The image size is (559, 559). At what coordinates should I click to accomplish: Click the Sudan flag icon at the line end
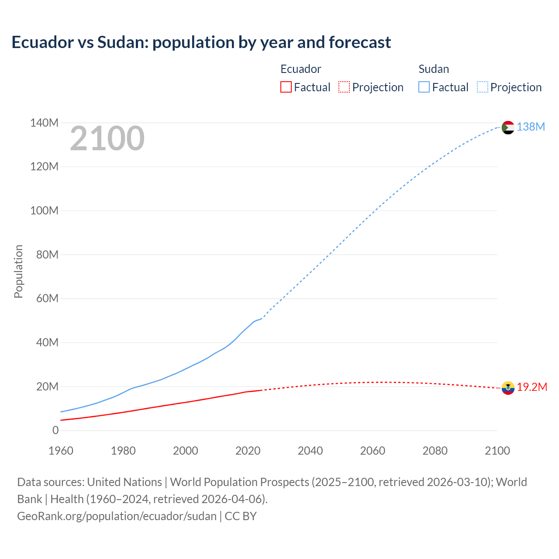(507, 128)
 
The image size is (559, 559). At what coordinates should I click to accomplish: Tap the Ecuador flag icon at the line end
(507, 388)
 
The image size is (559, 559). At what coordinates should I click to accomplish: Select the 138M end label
(531, 127)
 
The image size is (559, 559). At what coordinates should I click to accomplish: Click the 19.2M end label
(532, 387)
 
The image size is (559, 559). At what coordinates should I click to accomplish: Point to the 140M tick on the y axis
(44, 123)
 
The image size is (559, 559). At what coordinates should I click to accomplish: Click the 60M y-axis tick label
(47, 299)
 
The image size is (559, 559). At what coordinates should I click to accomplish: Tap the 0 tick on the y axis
(55, 431)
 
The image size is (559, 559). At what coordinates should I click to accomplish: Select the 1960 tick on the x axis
(61, 451)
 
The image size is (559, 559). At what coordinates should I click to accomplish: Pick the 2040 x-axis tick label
(310, 451)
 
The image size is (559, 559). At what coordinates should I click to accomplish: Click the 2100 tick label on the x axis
(497, 451)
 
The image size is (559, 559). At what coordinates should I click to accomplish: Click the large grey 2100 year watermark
(107, 138)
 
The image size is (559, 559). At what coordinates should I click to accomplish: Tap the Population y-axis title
(18, 271)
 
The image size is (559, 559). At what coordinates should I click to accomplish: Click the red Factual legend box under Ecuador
(286, 87)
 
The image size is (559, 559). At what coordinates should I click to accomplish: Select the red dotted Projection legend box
(344, 87)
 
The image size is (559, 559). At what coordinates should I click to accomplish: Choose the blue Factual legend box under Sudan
(424, 87)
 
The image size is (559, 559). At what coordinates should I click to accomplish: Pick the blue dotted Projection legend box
(482, 87)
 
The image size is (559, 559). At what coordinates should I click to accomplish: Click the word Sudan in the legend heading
(433, 69)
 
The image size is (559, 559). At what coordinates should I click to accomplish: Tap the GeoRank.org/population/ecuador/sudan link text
(117, 516)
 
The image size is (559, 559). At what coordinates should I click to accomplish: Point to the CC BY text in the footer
(241, 516)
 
